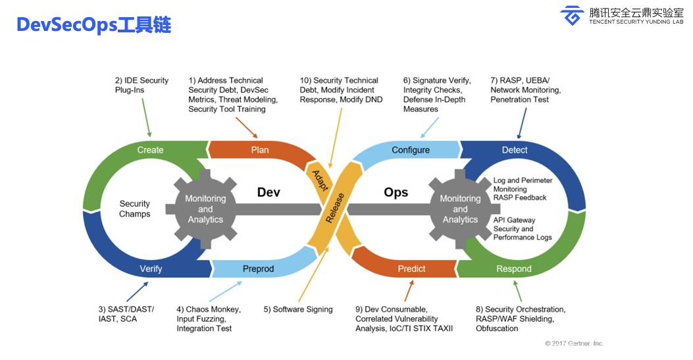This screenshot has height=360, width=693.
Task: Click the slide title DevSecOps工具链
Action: click(x=93, y=25)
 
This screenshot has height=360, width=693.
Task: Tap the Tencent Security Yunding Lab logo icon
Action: click(x=572, y=15)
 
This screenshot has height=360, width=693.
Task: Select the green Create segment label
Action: click(x=150, y=150)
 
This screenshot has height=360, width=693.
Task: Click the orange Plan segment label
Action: click(x=260, y=150)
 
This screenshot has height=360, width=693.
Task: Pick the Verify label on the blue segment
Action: click(x=151, y=269)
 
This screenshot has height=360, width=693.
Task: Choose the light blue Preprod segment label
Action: click(x=258, y=269)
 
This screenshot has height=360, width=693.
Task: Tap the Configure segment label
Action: click(x=411, y=150)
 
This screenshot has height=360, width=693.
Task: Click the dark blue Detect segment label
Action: click(x=515, y=150)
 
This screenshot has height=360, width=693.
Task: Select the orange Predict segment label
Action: click(x=411, y=269)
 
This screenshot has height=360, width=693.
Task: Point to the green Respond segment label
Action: click(x=513, y=269)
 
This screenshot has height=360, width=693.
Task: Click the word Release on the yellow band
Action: click(x=334, y=207)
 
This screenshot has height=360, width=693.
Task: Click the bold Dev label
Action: click(x=269, y=192)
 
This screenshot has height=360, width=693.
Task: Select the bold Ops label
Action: click(x=396, y=192)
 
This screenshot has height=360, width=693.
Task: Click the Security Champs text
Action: click(x=135, y=209)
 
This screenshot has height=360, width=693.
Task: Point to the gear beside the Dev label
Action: click(x=205, y=209)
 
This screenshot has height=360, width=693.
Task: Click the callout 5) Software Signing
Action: click(x=298, y=309)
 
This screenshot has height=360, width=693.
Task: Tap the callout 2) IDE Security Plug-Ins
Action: click(x=142, y=85)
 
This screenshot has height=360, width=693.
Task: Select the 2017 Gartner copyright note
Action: click(x=574, y=343)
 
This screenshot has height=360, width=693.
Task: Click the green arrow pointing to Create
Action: click(x=146, y=118)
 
